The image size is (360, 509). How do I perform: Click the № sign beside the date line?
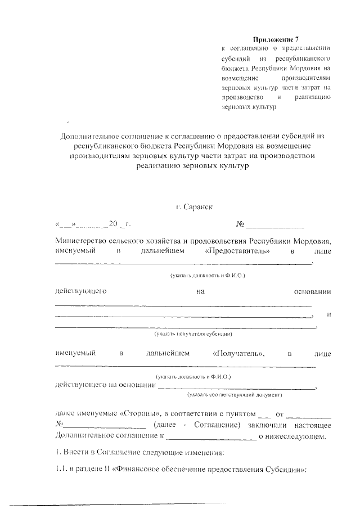pyautogui.click(x=240, y=224)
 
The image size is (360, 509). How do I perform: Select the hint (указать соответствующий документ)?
pyautogui.click(x=235, y=395)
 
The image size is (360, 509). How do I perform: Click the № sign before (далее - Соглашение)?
pyautogui.click(x=58, y=424)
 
